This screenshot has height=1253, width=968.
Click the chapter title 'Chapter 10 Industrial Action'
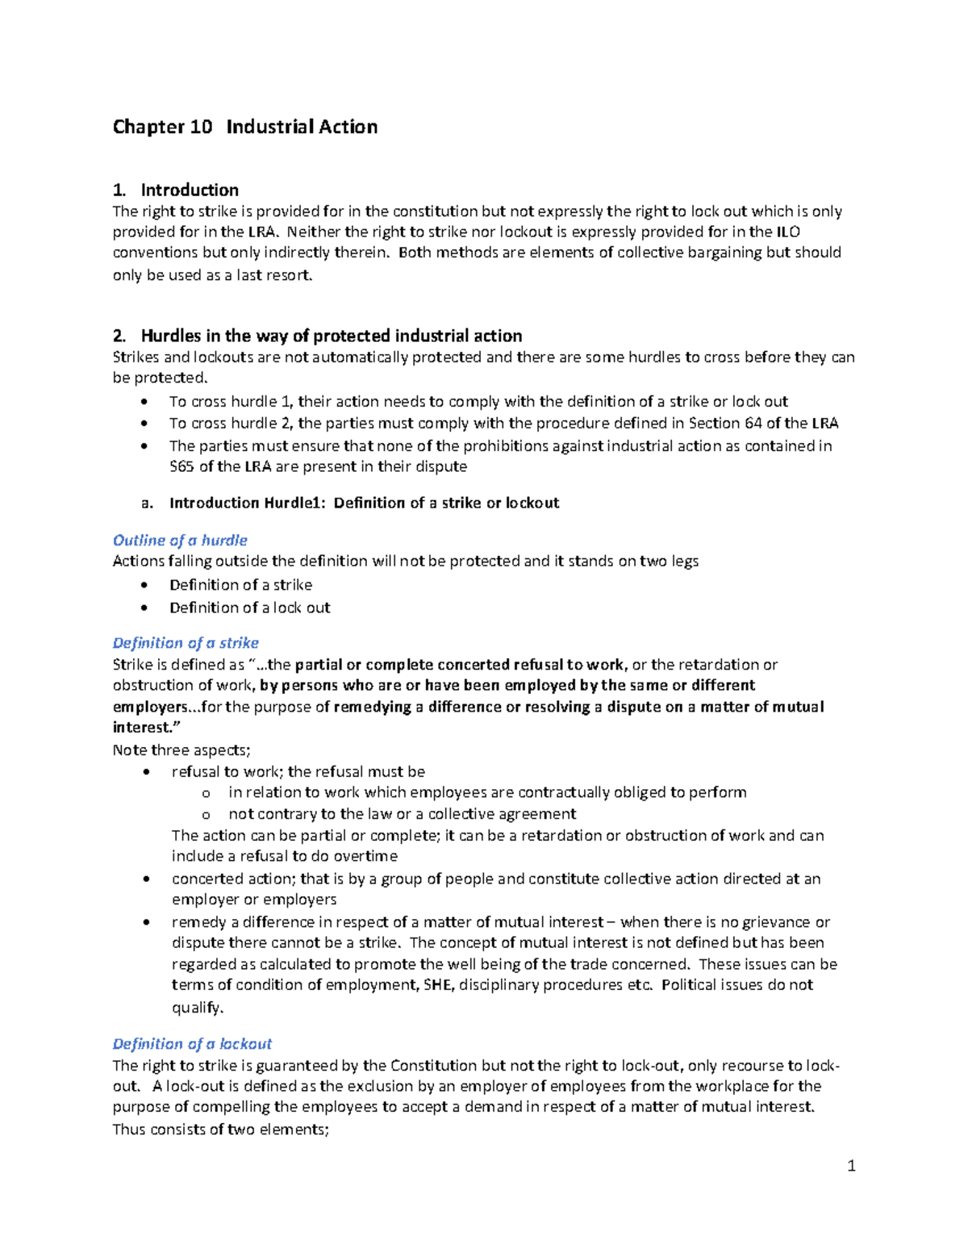(245, 127)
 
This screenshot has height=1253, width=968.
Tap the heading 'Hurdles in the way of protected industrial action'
(331, 336)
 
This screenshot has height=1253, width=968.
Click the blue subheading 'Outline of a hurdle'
(180, 540)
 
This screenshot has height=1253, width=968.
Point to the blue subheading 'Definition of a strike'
(186, 643)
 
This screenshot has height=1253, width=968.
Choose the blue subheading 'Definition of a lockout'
(192, 1043)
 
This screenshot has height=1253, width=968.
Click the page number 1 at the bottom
(851, 1165)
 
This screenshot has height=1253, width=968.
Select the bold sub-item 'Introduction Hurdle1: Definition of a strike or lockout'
(364, 503)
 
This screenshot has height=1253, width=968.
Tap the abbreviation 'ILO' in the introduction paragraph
(787, 232)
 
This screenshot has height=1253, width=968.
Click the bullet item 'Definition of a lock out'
(250, 608)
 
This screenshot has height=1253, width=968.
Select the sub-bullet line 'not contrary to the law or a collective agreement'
(402, 813)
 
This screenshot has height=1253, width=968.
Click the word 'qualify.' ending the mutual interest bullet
(198, 1007)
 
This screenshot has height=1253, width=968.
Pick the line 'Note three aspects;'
(181, 750)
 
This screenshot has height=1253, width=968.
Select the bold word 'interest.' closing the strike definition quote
(144, 727)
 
